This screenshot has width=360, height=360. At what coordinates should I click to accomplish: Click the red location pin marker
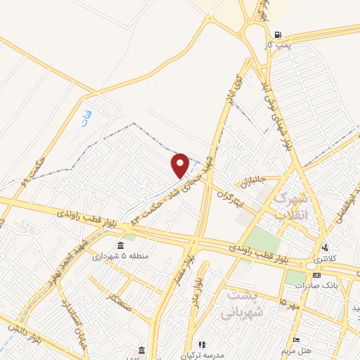click(x=181, y=165)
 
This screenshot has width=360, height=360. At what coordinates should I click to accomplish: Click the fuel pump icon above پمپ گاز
click(x=280, y=34)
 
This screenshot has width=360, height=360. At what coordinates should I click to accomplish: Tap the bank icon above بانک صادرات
click(x=317, y=275)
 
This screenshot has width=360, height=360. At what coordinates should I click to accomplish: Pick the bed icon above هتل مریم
click(x=296, y=340)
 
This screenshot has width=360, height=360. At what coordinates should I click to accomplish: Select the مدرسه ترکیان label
click(x=200, y=355)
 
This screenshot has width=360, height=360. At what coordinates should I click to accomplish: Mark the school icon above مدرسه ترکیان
click(x=202, y=345)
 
